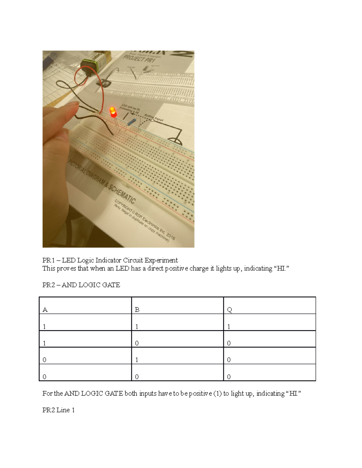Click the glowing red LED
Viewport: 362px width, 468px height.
pos(113,112)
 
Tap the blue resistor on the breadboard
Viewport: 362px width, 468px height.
pos(132,122)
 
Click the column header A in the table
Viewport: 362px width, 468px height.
pos(45,310)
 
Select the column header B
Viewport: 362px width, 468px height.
pos(137,310)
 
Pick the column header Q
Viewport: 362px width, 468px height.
pos(229,310)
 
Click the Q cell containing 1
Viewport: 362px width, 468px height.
pos(229,327)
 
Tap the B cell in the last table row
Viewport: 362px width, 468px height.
pos(137,377)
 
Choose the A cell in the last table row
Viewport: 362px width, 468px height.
pos(45,377)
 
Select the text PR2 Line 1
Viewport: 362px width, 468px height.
pos(59,410)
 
